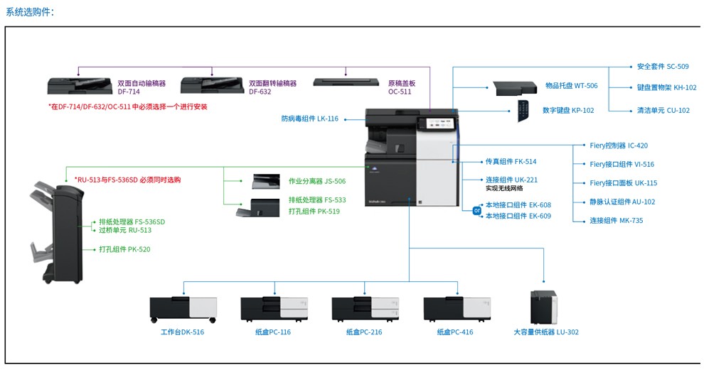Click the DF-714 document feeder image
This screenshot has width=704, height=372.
pos(80,87)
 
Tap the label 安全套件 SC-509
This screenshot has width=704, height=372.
pos(662,67)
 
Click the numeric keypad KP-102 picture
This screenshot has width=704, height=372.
pos(523,110)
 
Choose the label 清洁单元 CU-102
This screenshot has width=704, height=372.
pos(663,111)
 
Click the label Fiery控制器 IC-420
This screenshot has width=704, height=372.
pos(619,146)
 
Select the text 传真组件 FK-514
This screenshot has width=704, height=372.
pos(511,162)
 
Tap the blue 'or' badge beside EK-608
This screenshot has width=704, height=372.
pos(477,210)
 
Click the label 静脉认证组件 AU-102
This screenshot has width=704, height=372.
pos(622,202)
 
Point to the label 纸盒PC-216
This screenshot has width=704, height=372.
pos(364,332)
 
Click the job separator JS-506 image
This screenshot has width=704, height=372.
pos(266,181)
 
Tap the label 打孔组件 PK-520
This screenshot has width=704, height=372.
pos(124,249)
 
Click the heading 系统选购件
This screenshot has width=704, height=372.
pos(30,12)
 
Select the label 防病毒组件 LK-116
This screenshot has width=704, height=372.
pos(309,119)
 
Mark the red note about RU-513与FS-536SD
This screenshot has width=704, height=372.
pos(127,180)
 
